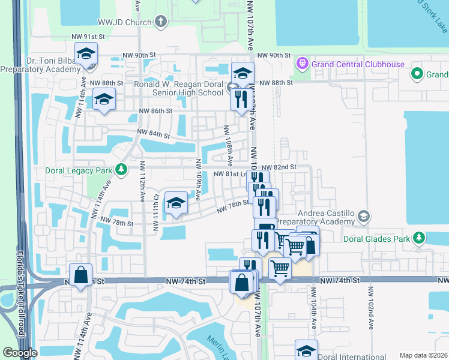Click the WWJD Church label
click(x=128, y=22)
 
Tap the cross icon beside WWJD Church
click(x=160, y=22)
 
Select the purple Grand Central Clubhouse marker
click(x=301, y=64)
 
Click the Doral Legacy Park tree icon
click(x=121, y=170)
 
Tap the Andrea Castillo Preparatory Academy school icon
click(x=363, y=216)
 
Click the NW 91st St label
click(x=88, y=37)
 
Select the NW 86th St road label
click(x=155, y=111)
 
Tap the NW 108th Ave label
click(x=229, y=146)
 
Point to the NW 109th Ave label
click(x=198, y=179)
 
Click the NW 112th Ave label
click(x=143, y=181)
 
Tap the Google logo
click(x=20, y=353)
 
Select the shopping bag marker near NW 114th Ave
click(x=80, y=275)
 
